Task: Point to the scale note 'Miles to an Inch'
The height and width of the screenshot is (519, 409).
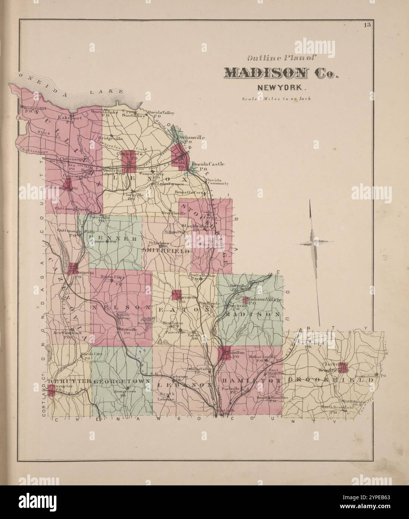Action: pyautogui.click(x=276, y=99)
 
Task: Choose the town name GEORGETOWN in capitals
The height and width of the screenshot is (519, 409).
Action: pyautogui.click(x=122, y=381)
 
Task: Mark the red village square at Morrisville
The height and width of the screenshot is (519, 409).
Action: pyautogui.click(x=176, y=294)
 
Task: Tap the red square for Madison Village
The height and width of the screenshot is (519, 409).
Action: pyautogui.click(x=245, y=299)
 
